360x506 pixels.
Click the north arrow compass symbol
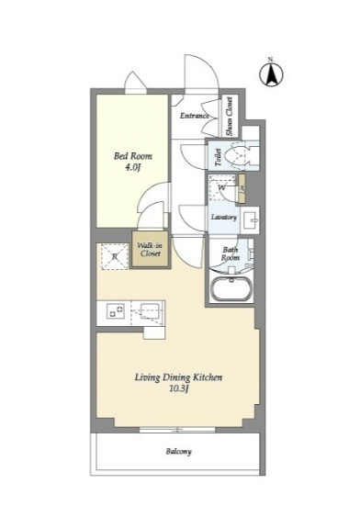click(x=271, y=73)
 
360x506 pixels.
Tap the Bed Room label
click(x=132, y=156)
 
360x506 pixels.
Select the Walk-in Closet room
click(x=151, y=249)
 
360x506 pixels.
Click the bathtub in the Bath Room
click(x=231, y=288)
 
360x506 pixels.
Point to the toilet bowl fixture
click(x=241, y=155)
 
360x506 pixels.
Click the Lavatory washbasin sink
click(x=250, y=219)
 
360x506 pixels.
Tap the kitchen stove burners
click(x=116, y=311)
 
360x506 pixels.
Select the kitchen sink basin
click(x=150, y=311)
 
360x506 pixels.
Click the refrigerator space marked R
click(x=115, y=257)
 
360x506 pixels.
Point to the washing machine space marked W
click(x=222, y=187)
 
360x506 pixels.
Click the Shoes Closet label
click(x=230, y=117)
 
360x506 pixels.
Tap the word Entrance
click(x=194, y=116)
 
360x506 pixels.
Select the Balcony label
click(x=179, y=452)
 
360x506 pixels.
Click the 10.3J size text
click(x=178, y=389)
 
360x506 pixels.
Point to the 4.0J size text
click(x=133, y=167)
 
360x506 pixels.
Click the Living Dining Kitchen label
click(x=178, y=377)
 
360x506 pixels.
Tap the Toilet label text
click(x=218, y=157)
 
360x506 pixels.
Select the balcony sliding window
click(x=177, y=430)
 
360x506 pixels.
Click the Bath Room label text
click(x=231, y=253)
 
